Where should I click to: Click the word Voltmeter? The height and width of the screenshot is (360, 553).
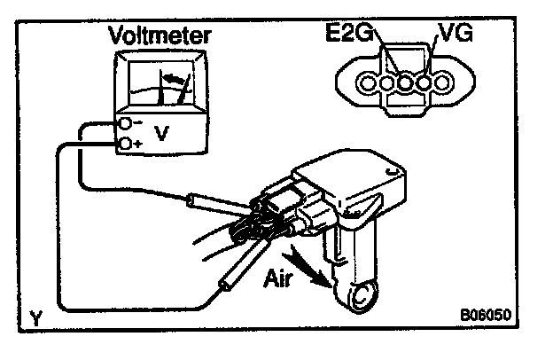[160, 37]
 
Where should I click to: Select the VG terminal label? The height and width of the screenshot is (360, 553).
[452, 37]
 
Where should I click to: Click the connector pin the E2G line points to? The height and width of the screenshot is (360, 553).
[388, 85]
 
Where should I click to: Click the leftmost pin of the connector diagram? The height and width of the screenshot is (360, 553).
[369, 85]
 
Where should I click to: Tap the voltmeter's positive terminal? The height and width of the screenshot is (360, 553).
[128, 142]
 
